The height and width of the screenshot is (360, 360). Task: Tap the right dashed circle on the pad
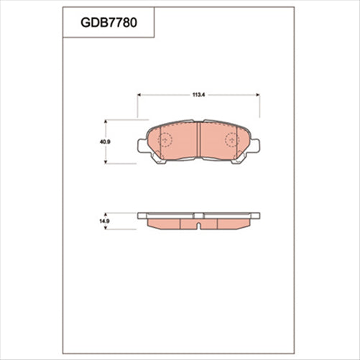click(x=232, y=141)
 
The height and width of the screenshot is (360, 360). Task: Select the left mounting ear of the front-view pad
click(x=141, y=146)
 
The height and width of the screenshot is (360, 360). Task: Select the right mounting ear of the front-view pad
click(x=256, y=146)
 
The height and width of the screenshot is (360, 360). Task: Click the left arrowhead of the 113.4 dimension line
click(x=139, y=93)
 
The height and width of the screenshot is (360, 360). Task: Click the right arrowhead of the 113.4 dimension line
click(x=258, y=93)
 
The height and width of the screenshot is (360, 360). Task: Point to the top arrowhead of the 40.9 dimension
click(x=106, y=121)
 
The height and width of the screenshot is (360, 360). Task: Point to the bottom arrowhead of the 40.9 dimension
click(x=106, y=162)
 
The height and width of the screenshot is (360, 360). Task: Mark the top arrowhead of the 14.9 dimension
click(x=106, y=214)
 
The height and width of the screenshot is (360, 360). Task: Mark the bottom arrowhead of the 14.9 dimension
click(x=106, y=228)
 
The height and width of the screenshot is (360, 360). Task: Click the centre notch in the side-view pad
click(x=198, y=225)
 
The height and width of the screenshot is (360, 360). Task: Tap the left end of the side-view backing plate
click(x=141, y=215)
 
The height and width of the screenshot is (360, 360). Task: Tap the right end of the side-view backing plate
click(x=256, y=215)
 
